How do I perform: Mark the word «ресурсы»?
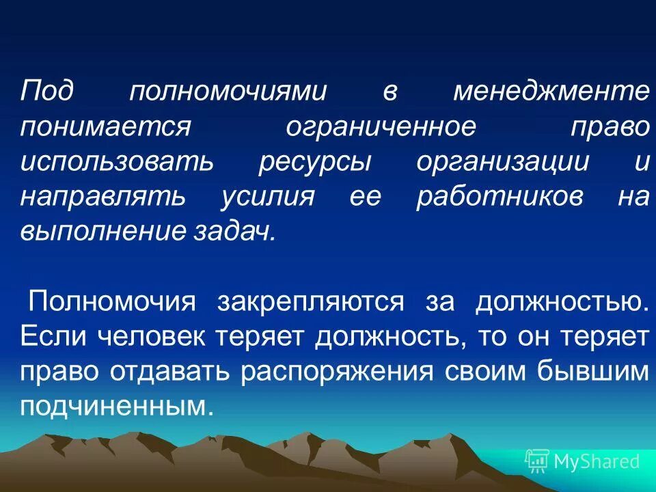click(x=316, y=163)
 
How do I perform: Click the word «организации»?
click(x=502, y=163)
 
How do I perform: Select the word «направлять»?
click(x=102, y=198)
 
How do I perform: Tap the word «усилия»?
click(x=268, y=198)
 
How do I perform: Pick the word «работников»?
click(x=500, y=198)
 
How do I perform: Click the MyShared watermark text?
click(x=597, y=461)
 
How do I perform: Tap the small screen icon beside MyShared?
click(x=537, y=461)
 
